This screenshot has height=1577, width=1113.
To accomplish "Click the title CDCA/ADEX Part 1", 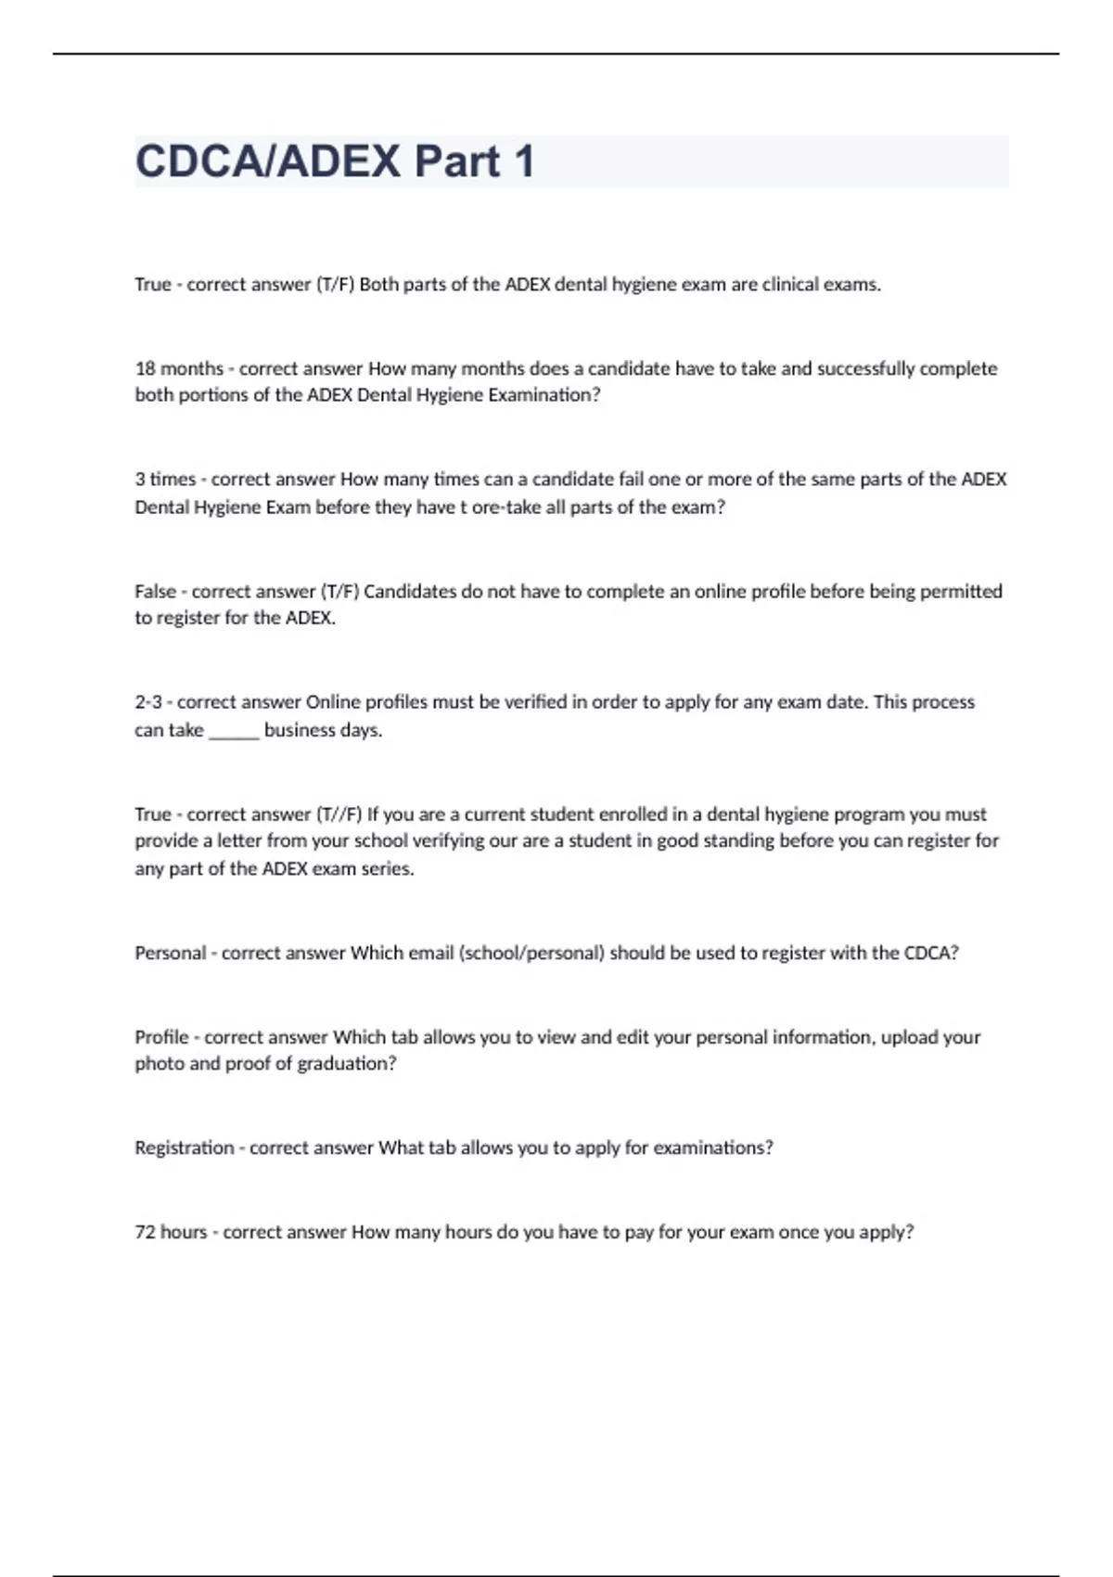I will [x=335, y=161].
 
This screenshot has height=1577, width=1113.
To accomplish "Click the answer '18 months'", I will [x=179, y=368].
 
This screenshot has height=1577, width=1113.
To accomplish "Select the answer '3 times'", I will [x=165, y=480].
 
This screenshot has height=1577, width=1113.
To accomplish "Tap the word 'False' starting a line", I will [x=155, y=591].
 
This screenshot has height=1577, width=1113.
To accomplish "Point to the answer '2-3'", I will [x=148, y=702].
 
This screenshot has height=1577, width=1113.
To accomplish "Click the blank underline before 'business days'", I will [x=234, y=731].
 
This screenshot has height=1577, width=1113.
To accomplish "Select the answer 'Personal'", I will [x=170, y=953].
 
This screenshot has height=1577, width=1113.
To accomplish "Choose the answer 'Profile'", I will [x=161, y=1037].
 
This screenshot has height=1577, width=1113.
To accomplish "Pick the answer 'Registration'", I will [x=185, y=1147].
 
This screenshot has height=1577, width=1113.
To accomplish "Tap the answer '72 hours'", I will [x=171, y=1232].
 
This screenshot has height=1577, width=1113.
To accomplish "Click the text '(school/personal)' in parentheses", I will [x=531, y=953].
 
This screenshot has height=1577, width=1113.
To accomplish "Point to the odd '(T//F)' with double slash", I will [x=339, y=814].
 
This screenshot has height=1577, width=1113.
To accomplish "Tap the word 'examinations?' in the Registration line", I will [x=713, y=1147].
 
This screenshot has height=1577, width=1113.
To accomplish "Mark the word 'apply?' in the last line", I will [x=889, y=1232].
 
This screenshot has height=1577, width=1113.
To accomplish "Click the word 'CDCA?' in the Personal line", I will [x=931, y=953].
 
